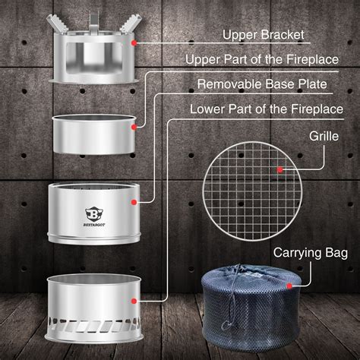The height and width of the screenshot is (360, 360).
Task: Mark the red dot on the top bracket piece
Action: (134, 45)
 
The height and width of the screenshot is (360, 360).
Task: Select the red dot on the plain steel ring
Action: (134, 128)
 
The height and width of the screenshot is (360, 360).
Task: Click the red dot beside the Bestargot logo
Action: (134, 203)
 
